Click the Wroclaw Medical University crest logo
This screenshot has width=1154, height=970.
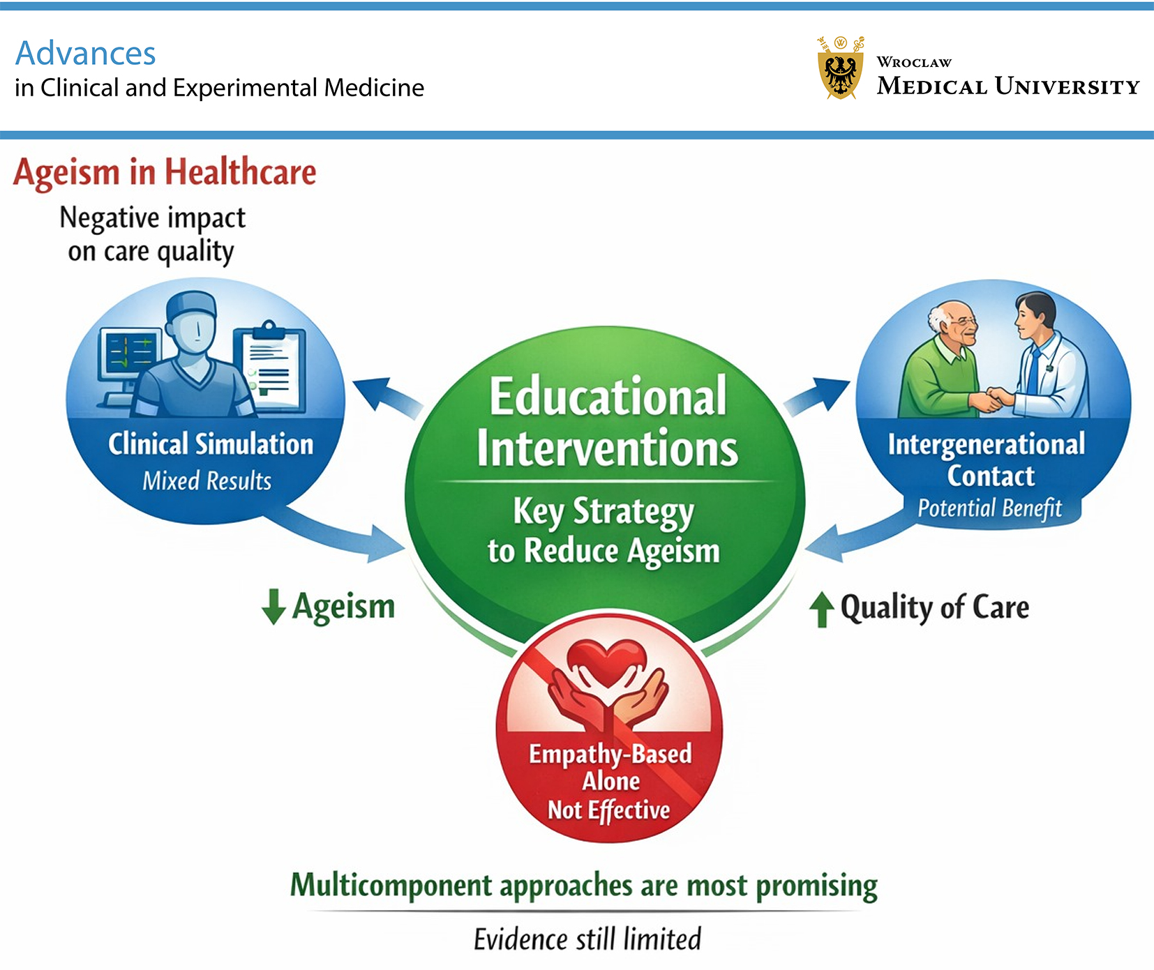[x=840, y=69]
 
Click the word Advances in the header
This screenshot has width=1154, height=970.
[x=86, y=54]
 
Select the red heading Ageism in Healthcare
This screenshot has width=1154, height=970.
[x=165, y=172]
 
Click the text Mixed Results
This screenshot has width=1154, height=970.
[x=207, y=481]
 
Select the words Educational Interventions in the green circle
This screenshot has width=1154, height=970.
[x=606, y=421]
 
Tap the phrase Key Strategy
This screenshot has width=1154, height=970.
[x=604, y=512]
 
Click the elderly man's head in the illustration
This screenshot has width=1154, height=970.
[x=954, y=323]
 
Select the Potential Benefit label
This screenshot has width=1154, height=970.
[x=989, y=508]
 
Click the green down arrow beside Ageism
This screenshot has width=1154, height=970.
[x=273, y=606]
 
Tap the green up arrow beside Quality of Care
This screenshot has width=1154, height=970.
[x=822, y=609]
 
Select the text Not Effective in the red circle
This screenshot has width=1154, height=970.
[x=608, y=810]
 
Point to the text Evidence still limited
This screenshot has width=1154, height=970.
[x=587, y=939]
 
